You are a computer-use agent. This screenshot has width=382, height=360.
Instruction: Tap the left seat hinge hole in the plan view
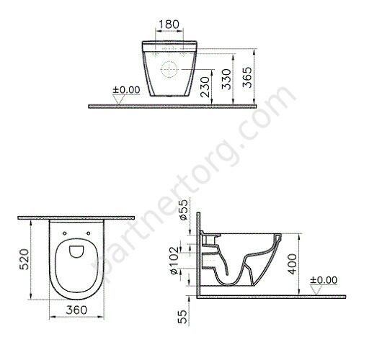click(66, 233)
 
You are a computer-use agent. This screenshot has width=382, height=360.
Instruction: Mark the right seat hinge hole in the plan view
click(89, 233)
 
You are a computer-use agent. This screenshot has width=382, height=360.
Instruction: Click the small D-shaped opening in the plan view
click(76, 250)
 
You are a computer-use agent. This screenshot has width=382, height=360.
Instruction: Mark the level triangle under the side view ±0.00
click(314, 288)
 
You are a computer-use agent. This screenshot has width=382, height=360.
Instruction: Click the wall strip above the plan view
click(76, 216)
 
